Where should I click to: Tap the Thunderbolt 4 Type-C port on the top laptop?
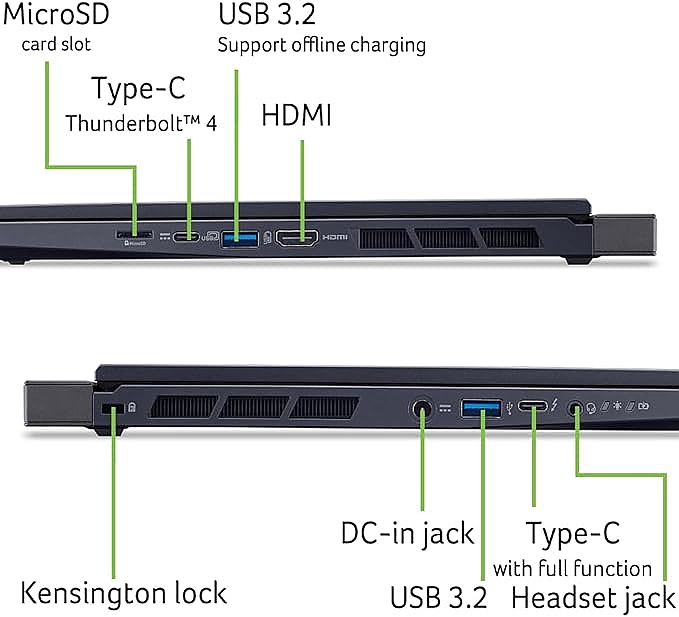tap(186, 238)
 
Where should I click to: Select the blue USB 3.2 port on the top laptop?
tap(238, 238)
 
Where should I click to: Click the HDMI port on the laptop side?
tap(297, 238)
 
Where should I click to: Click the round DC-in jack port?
tap(422, 408)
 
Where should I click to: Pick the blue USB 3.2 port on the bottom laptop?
tap(483, 407)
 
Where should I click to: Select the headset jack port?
tap(575, 408)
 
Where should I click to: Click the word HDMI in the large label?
tap(296, 115)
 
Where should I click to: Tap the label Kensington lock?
tap(124, 592)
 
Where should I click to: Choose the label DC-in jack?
tap(407, 533)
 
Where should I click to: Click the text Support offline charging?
tap(321, 44)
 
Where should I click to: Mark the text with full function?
tap(572, 568)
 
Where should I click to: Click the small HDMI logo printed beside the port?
tap(334, 238)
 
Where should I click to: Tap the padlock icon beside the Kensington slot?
tap(132, 408)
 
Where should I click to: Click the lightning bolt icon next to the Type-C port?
tap(556, 407)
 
